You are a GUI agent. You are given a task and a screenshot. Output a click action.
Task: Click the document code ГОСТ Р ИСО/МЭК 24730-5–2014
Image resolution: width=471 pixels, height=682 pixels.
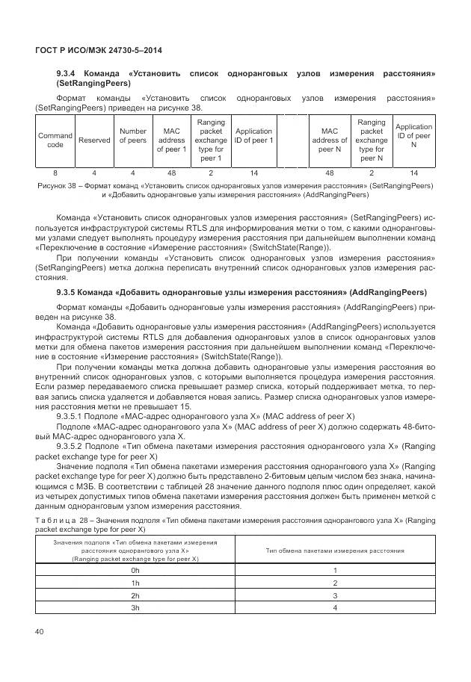pos(99,50)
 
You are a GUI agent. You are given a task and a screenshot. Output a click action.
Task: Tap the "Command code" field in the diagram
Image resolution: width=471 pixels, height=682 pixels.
pos(55,140)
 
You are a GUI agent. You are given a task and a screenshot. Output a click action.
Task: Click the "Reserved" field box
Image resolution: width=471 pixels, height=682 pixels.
pos(94,140)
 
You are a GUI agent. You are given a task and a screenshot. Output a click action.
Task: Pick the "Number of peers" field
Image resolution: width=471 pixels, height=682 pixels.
pos(133,140)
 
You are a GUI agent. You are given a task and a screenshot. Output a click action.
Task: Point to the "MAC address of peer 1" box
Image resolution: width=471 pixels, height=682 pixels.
pos(171,140)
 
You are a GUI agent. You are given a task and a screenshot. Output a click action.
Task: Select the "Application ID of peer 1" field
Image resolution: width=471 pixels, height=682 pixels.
pos(254,140)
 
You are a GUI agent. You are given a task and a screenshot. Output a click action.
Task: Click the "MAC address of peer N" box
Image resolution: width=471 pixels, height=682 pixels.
pos(330,140)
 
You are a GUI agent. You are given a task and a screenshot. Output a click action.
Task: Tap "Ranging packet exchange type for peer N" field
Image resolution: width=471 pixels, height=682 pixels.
pos(372,140)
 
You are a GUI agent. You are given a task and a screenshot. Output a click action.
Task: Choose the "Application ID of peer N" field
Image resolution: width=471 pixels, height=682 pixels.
pos(413,140)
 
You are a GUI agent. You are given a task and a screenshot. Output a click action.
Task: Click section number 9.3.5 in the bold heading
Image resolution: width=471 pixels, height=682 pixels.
pos(69,291)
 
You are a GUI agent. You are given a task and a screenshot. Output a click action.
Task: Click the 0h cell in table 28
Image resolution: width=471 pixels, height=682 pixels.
pos(135,570)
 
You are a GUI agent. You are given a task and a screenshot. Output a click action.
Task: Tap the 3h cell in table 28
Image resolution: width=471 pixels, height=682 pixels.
pos(135,608)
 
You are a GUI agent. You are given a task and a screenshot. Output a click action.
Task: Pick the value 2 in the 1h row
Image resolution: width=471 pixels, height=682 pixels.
pos(335,583)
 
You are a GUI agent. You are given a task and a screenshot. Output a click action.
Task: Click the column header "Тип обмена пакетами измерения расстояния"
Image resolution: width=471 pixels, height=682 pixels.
pos(335,550)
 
